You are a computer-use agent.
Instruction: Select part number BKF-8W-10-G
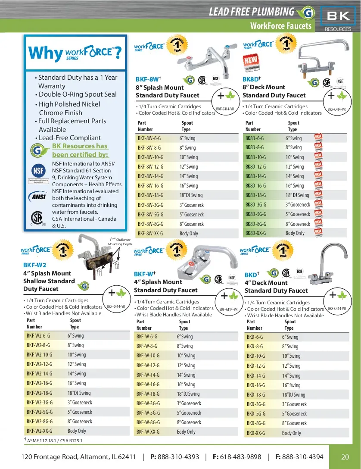[x=149, y=157]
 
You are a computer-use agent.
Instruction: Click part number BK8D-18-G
[x=255, y=195]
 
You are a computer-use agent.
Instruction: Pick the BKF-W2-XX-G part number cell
[x=39, y=431]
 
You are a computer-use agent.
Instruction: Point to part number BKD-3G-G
[x=256, y=404]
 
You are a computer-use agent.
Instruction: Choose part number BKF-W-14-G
[x=148, y=375]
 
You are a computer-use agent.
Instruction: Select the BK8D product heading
[x=251, y=79]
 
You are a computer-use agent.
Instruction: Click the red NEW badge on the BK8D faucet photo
[x=253, y=63]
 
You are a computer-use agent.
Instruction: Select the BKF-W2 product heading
[x=34, y=265]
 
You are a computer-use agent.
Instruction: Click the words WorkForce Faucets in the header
[x=280, y=26]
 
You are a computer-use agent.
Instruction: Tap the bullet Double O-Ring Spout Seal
[x=78, y=94]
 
